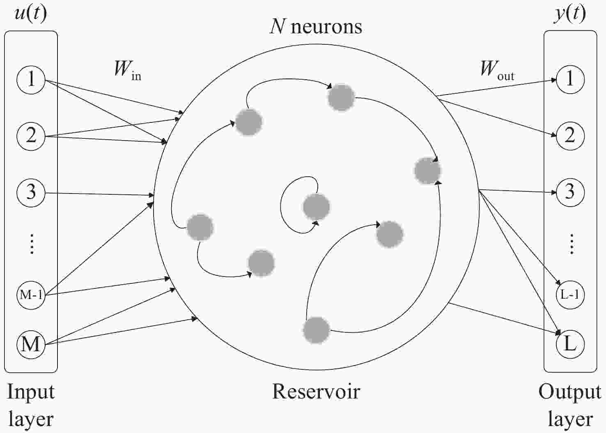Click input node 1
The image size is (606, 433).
point(31,80)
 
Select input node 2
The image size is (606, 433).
point(31,136)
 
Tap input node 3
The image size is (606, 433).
point(31,193)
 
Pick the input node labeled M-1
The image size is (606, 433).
point(31,295)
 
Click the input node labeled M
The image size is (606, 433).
point(31,345)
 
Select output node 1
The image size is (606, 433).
point(570,80)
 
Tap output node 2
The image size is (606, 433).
point(570,136)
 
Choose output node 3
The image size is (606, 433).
point(570,193)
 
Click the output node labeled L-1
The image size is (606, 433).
point(570,295)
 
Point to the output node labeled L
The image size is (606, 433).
point(570,345)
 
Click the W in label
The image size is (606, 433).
point(128,70)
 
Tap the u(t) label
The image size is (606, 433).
point(30,14)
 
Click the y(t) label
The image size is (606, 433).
point(570,14)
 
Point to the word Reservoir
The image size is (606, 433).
point(316,392)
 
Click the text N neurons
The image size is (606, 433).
point(316,27)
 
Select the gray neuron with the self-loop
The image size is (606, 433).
point(316,207)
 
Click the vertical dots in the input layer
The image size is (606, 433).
point(32,244)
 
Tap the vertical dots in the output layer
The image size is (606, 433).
point(572,244)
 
